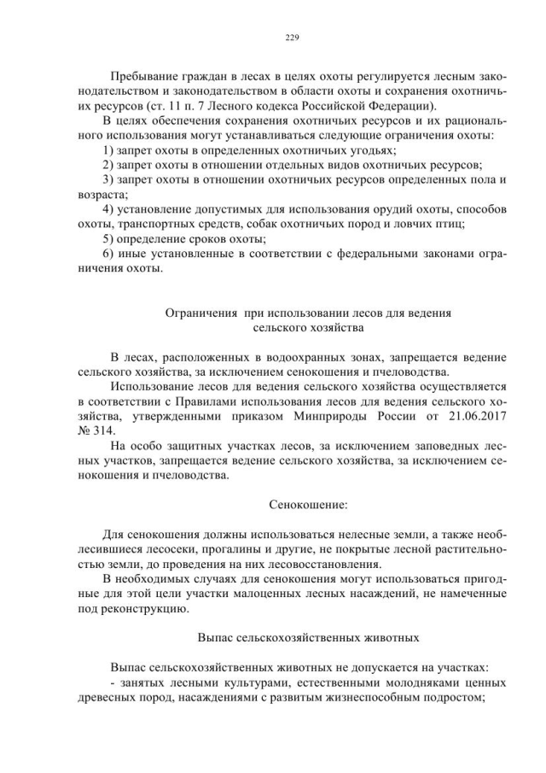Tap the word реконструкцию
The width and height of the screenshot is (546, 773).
tap(140, 609)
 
